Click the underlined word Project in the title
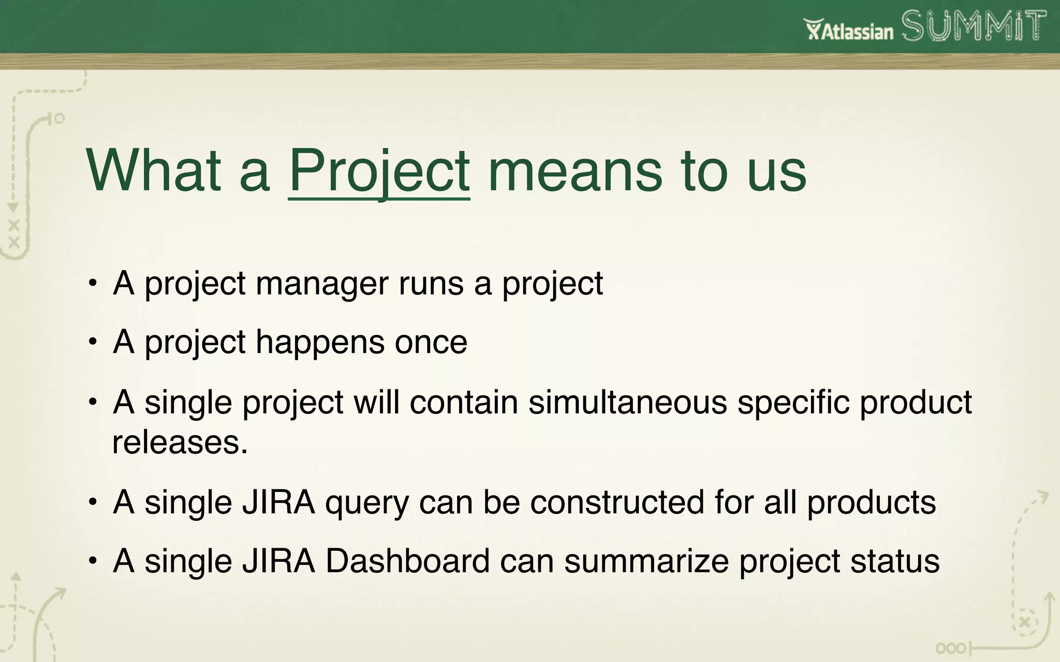(379, 171)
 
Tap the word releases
(180, 443)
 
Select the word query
(367, 503)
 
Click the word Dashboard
(407, 561)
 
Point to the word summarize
(646, 561)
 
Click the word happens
(320, 343)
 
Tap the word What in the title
(153, 171)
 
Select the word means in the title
(575, 171)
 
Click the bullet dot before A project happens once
(93, 342)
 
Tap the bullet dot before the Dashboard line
(93, 561)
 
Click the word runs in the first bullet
(431, 283)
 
